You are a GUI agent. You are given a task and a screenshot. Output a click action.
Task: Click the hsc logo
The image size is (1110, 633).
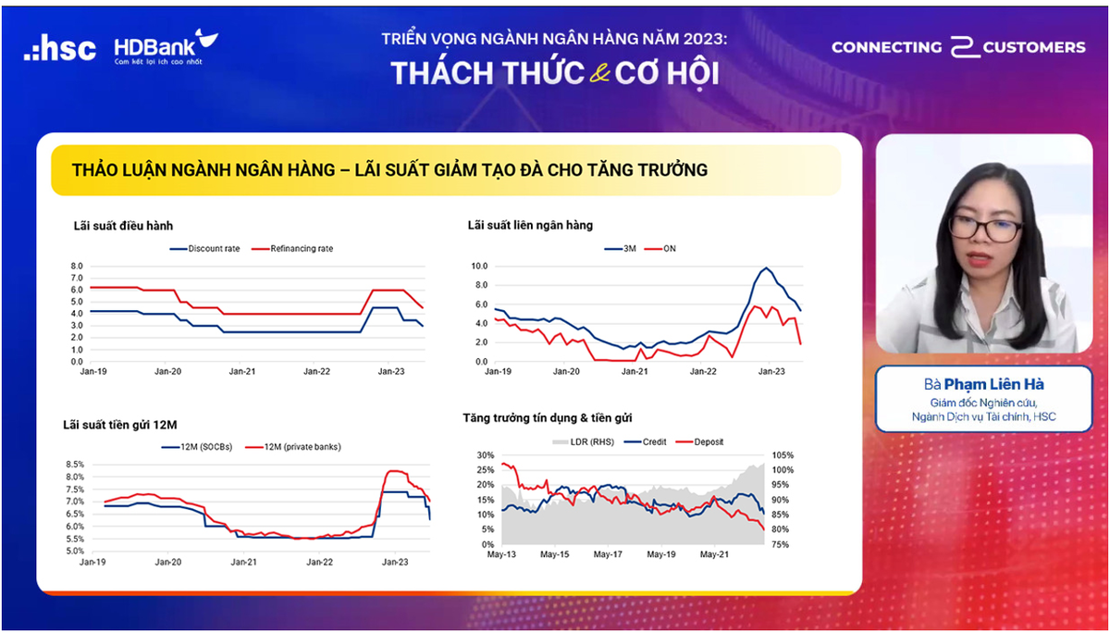[x=60, y=48]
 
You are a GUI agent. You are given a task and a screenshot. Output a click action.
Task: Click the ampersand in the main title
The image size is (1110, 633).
[x=598, y=74]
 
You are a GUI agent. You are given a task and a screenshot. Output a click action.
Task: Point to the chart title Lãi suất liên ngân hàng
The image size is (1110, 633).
[x=530, y=225]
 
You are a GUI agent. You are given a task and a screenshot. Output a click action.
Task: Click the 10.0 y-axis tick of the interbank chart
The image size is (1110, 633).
[x=479, y=266]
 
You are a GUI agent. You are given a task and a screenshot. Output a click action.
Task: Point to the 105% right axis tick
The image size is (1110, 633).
[x=783, y=455]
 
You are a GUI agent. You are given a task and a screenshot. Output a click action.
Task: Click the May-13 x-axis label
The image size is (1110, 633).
[x=489, y=555]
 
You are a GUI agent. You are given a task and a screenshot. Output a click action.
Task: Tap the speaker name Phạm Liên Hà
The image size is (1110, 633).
[x=988, y=384]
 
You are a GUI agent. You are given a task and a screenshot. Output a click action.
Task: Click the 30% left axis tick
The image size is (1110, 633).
[x=486, y=455]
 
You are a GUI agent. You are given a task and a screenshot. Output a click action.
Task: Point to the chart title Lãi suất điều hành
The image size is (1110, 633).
[x=123, y=225]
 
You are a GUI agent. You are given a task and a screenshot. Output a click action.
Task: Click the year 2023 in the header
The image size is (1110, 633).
[x=706, y=40]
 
